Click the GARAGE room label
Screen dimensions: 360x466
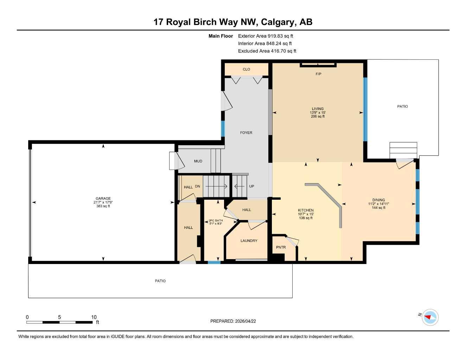tap(103, 198)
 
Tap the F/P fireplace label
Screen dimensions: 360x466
tap(318, 74)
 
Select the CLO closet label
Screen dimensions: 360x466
tap(246, 69)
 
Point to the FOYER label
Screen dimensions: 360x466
tap(246, 133)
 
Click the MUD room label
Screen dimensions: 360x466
tap(198, 161)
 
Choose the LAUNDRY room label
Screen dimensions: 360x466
tap(249, 241)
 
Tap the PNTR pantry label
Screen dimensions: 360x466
tap(281, 247)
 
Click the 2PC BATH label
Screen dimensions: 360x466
tap(216, 220)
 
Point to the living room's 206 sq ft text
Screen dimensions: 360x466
tap(318, 116)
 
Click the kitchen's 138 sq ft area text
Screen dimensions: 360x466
tap(306, 218)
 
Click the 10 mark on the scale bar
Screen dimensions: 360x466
tap(94, 317)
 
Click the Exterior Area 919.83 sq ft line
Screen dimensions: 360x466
tap(266, 36)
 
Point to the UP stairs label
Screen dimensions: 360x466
tap(251, 186)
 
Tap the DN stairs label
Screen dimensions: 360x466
tap(198, 186)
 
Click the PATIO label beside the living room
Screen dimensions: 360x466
tap(402, 106)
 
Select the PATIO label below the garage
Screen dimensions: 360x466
tap(160, 281)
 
